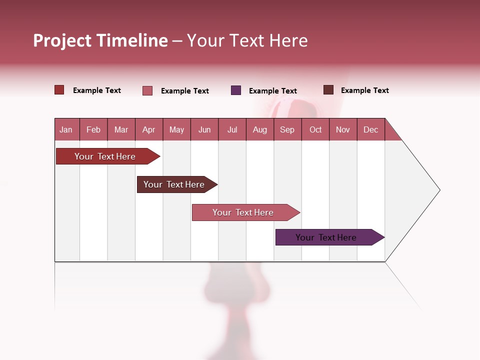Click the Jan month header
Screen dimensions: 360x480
pyautogui.click(x=66, y=129)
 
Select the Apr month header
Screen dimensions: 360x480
pyautogui.click(x=148, y=129)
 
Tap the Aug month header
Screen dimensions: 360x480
pyautogui.click(x=259, y=129)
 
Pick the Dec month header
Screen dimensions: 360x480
pyautogui.click(x=370, y=129)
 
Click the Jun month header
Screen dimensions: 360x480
pyautogui.click(x=204, y=129)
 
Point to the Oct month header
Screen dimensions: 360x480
pyautogui.click(x=315, y=129)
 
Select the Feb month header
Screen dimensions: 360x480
pyautogui.click(x=93, y=129)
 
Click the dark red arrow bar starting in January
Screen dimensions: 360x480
pyautogui.click(x=105, y=156)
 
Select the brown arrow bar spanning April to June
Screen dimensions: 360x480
pyautogui.click(x=174, y=184)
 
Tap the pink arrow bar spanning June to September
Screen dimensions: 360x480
pyautogui.click(x=243, y=212)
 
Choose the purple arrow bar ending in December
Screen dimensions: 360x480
pyautogui.click(x=326, y=237)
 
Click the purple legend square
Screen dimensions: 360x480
pyautogui.click(x=236, y=90)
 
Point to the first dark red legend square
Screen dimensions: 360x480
pyautogui.click(x=59, y=90)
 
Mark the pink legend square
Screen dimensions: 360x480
pyautogui.click(x=147, y=90)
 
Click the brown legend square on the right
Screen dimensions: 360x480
pyautogui.click(x=328, y=90)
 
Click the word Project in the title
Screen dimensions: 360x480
pyautogui.click(x=63, y=40)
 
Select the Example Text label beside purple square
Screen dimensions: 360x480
pyautogui.click(x=272, y=91)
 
